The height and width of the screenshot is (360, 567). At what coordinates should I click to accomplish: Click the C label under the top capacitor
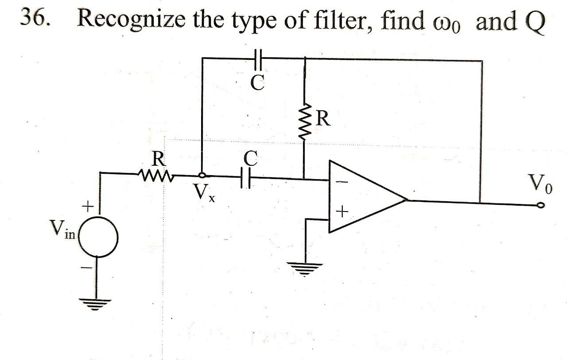point(258,82)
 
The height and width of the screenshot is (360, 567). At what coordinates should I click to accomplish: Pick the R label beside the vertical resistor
point(323,119)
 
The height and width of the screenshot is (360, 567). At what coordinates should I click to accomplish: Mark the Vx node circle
point(202,176)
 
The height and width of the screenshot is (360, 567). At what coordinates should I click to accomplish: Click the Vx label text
point(204,193)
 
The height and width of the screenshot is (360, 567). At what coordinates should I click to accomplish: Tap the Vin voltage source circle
point(98,238)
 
